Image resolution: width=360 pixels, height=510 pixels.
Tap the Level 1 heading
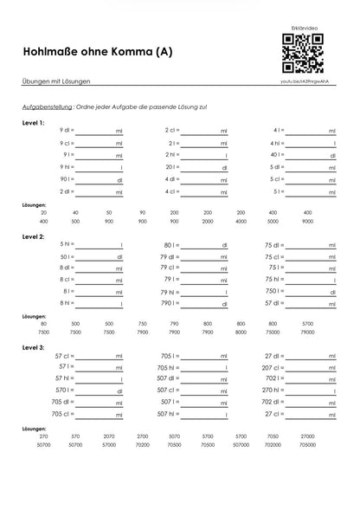[x=35, y=123]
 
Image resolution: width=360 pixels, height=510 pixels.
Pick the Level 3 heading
[x=35, y=347]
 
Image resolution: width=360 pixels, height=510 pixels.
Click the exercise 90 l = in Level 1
[x=67, y=179]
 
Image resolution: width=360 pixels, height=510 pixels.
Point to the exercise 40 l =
[x=278, y=155]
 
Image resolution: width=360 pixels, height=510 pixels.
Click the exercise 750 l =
[x=275, y=292]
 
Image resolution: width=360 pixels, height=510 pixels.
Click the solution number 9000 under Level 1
[x=307, y=221]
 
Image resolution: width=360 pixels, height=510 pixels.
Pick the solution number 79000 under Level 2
[x=307, y=332]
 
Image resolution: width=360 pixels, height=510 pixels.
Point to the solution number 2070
[x=108, y=436]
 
